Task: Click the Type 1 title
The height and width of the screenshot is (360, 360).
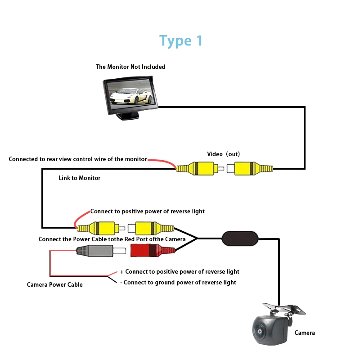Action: click(181, 41)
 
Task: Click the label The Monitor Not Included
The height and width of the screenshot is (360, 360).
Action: click(130, 67)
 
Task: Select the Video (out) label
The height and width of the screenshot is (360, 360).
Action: click(223, 154)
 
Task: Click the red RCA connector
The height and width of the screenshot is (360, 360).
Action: click(153, 250)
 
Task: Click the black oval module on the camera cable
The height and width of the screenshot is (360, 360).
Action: click(240, 238)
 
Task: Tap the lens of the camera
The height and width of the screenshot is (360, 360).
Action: click(260, 332)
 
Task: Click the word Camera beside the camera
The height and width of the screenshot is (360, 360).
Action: click(305, 333)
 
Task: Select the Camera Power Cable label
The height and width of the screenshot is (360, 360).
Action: click(54, 285)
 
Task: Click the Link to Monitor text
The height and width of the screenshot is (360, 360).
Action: click(80, 178)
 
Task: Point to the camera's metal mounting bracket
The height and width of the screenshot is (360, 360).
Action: click(284, 309)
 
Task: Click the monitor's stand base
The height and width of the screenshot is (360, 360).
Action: click(128, 117)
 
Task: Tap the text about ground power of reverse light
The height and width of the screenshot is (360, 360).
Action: click(178, 283)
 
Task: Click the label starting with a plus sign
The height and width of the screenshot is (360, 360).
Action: click(180, 272)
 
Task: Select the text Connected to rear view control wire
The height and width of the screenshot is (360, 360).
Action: click(77, 159)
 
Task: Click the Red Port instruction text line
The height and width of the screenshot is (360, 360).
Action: click(112, 239)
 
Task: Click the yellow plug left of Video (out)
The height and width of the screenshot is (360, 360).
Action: click(200, 168)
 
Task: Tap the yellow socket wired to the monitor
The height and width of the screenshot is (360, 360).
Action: click(250, 168)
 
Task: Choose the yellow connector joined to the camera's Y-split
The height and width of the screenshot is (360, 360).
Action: click(151, 228)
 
